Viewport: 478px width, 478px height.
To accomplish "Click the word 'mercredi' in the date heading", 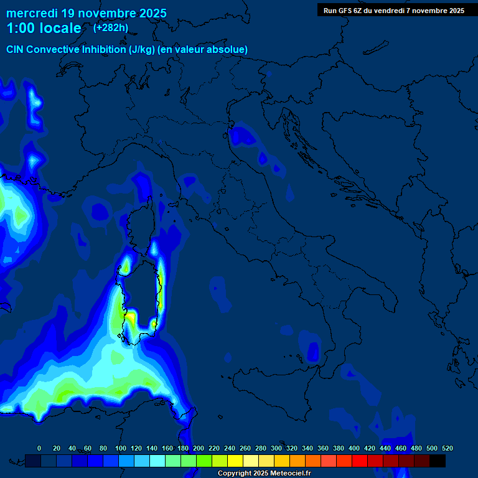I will [30, 12].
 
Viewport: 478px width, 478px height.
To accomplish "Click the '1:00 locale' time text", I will [44, 28].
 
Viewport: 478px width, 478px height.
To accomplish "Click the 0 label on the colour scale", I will [39, 448].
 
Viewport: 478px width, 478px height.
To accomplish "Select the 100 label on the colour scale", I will [121, 448].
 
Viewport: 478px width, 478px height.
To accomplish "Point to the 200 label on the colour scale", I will [199, 448].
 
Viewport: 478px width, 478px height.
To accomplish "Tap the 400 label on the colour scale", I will [354, 448].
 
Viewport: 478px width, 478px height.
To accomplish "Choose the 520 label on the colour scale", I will [447, 448].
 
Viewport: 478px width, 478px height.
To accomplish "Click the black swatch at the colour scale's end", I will [438, 461].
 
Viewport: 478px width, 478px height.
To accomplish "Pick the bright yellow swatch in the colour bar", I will [235, 461].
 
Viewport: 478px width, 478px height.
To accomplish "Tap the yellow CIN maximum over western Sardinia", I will [131, 317].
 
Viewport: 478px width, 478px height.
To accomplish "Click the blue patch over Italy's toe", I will [313, 351].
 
